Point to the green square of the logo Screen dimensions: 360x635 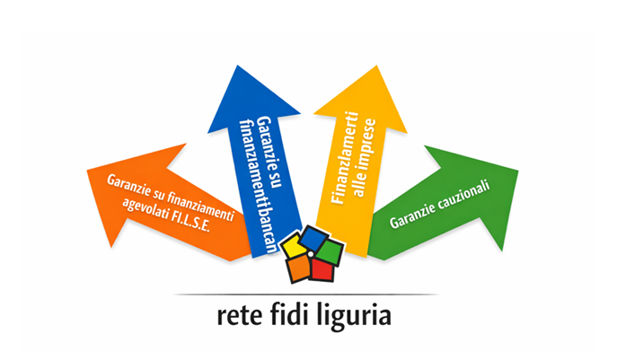(331, 249)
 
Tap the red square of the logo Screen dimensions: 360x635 (322, 268)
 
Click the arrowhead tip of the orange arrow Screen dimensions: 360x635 (88, 171)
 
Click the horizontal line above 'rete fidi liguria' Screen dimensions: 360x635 (305, 294)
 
